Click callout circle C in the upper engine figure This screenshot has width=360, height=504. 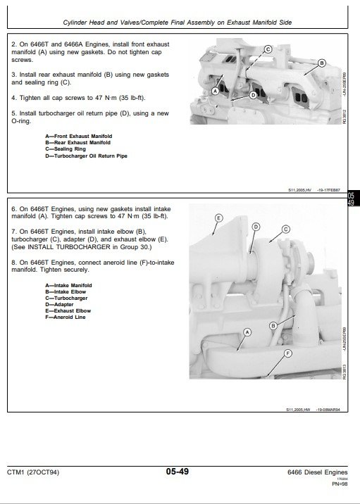tap(268, 49)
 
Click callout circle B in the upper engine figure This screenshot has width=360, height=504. tap(322, 63)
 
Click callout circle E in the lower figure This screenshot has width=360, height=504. tap(218, 218)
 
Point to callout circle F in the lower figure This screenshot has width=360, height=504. tap(287, 353)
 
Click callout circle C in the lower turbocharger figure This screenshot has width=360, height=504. tap(286, 229)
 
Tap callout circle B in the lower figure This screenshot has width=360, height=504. tap(273, 326)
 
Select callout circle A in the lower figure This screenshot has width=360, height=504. tap(247, 332)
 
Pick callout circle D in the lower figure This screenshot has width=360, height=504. tap(256, 226)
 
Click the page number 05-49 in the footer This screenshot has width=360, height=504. tap(180, 472)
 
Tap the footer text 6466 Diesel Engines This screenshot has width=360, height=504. tap(318, 472)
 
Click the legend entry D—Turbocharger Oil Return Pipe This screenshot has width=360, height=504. tap(86, 156)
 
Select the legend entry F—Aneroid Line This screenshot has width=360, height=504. tap(65, 317)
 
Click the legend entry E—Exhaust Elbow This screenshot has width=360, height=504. tap(68, 310)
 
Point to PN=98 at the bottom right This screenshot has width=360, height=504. tap(340, 484)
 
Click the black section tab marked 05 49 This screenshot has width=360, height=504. tap(352, 199)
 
